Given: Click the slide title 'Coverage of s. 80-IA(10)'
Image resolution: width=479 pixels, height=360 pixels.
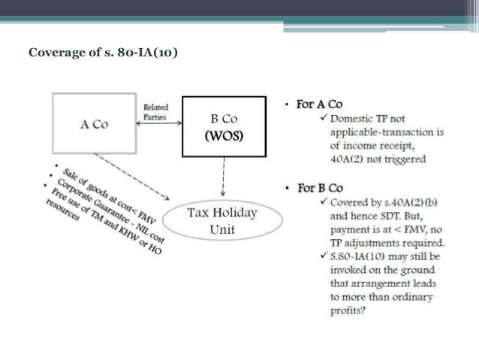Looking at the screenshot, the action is pyautogui.click(x=103, y=54).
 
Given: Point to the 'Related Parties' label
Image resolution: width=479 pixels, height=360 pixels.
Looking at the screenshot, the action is pyautogui.click(x=155, y=112).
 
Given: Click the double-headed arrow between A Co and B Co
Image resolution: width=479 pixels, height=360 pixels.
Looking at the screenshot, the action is pyautogui.click(x=155, y=123).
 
